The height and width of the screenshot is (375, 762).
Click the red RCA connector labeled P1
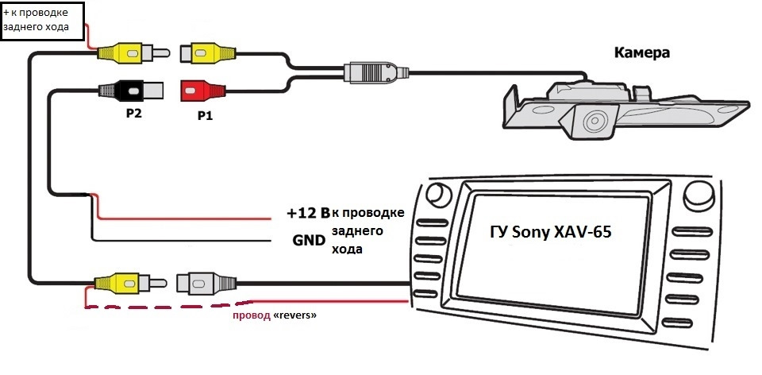click(x=203, y=91)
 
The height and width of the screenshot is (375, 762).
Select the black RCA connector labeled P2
click(x=131, y=91)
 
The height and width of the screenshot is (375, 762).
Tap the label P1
click(x=204, y=116)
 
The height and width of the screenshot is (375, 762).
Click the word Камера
click(x=641, y=52)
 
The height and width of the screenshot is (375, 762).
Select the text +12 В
click(x=308, y=213)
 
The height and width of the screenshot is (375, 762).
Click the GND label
click(x=309, y=240)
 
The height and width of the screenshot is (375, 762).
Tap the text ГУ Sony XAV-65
click(x=550, y=233)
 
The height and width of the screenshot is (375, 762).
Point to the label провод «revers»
click(x=275, y=315)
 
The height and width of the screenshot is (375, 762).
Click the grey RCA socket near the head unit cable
click(x=206, y=283)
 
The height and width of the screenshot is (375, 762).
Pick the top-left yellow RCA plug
click(x=133, y=52)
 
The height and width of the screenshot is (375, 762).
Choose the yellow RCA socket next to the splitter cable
click(x=208, y=52)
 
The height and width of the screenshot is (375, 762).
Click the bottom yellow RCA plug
click(x=131, y=282)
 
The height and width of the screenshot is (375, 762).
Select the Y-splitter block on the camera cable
click(x=376, y=73)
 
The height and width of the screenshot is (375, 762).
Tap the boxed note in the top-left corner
click(x=42, y=21)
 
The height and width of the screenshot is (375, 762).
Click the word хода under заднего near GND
click(x=347, y=249)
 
